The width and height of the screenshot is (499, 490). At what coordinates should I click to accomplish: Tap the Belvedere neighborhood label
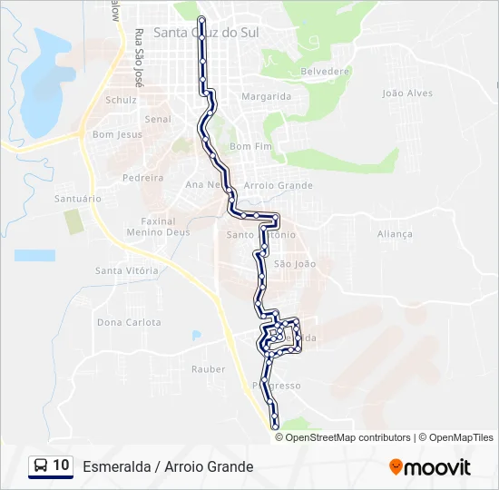[x=325, y=71]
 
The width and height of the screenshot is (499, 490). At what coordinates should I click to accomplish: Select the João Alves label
[x=407, y=93]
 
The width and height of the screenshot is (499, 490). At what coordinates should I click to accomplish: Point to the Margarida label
[x=266, y=96]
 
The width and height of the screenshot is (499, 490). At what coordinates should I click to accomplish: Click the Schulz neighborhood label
[x=121, y=100]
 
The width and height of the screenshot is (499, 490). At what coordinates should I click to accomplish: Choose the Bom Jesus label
[x=117, y=134]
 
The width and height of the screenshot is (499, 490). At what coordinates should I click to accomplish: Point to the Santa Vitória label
[x=127, y=270]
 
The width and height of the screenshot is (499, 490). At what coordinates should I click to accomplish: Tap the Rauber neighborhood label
[x=208, y=369]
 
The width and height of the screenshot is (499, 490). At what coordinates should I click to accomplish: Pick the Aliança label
[x=395, y=233]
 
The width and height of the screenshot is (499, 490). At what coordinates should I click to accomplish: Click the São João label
[x=294, y=264]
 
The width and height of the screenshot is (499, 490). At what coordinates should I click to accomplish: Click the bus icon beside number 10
[x=41, y=466]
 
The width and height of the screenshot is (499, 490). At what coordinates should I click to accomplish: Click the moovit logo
[x=430, y=467]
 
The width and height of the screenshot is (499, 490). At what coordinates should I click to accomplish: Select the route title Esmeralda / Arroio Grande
[x=168, y=467]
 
